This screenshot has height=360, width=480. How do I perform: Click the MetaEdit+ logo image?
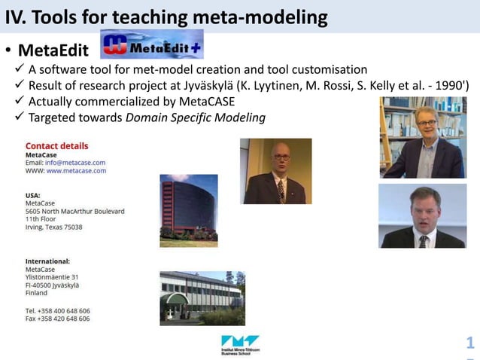coord(151,44)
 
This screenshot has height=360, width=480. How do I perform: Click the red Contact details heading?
coord(56,146)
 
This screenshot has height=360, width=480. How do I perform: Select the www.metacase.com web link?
coord(76,171)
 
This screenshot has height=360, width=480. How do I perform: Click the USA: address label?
coord(33,195)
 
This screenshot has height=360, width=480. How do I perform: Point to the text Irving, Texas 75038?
coord(53,227)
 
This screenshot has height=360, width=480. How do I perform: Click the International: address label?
coord(47,261)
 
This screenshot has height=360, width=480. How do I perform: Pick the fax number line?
coord(57,319)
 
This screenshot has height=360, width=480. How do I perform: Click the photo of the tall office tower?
coord(188,211)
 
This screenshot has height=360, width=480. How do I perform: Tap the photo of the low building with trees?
coord(201,298)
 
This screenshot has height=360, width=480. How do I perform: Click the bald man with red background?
coord(275,171)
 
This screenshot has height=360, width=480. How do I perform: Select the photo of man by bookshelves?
coord(423,137)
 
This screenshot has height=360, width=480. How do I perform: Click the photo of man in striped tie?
coord(422,216)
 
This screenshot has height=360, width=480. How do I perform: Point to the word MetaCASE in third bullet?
coord(207,102)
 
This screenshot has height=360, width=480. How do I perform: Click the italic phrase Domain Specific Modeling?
coord(195,117)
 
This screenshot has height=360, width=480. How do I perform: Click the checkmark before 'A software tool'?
coord(20,69)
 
